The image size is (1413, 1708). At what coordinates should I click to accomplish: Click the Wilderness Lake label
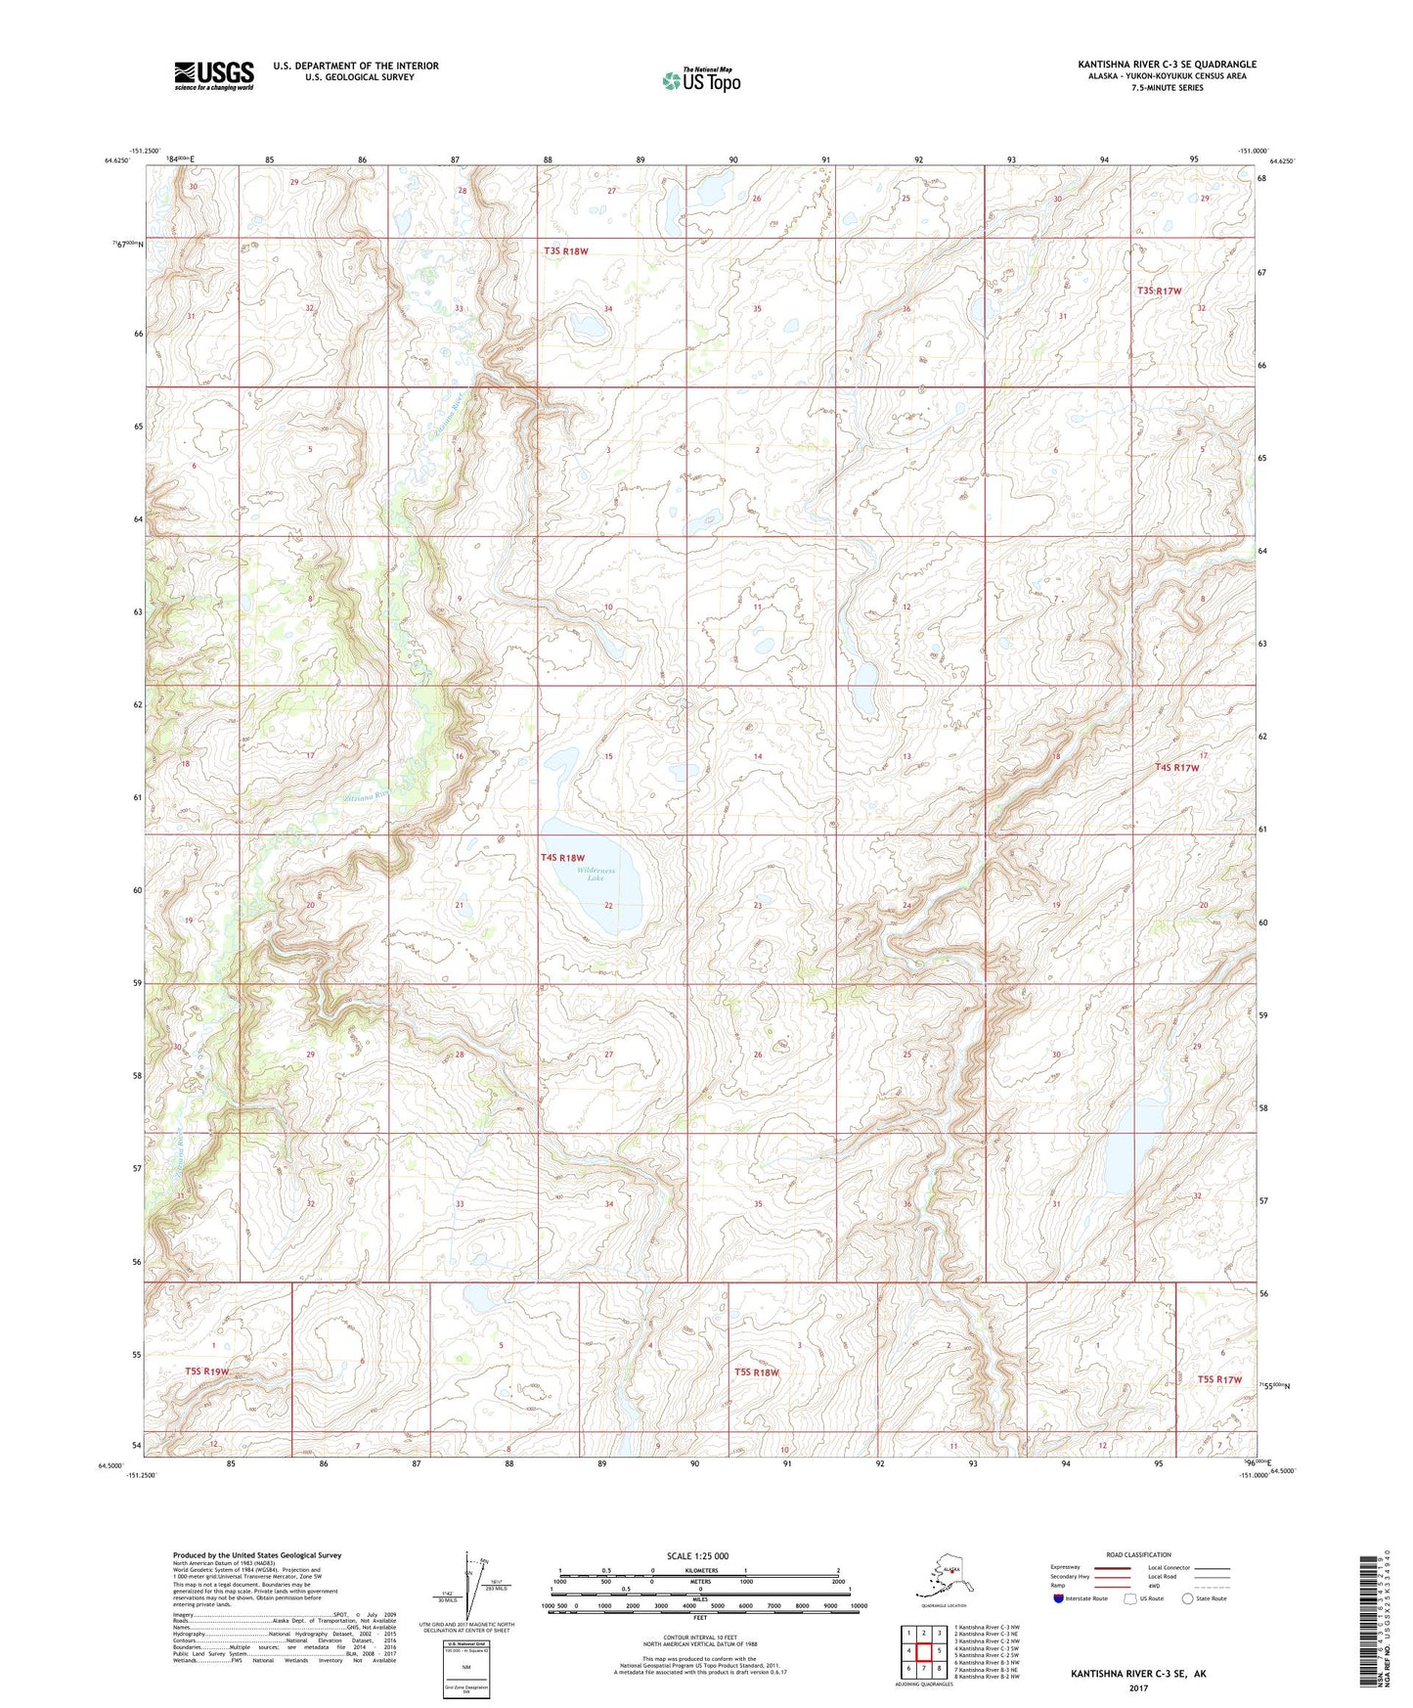(596, 874)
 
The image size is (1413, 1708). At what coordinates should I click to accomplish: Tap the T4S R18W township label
(562, 858)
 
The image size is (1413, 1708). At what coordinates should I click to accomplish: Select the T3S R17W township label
(1159, 291)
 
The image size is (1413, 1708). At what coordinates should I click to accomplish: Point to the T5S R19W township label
(206, 1371)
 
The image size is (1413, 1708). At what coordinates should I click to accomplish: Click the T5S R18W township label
(757, 1371)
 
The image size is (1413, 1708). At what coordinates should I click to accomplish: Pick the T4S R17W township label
(1176, 768)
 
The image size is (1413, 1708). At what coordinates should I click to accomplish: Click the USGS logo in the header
(213, 75)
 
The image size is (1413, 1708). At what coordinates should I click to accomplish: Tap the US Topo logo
(700, 79)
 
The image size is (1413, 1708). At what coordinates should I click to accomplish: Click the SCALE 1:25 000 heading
(698, 1555)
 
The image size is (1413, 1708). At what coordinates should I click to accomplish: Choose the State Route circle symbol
(1188, 1598)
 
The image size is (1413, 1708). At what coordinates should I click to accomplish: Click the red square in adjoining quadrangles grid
(923, 1651)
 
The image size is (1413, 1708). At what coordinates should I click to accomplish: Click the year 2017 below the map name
(1138, 1687)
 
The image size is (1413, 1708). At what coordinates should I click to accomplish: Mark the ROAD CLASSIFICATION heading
(1138, 1554)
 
